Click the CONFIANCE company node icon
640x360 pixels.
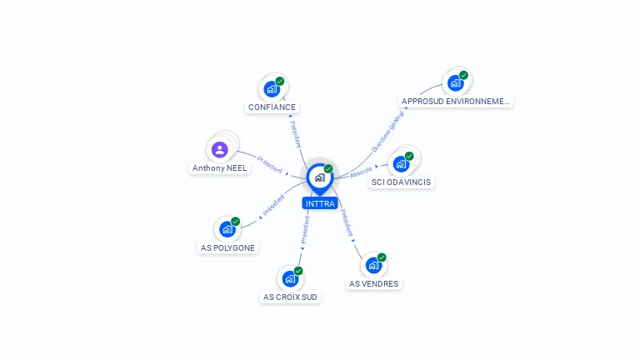point(272,87)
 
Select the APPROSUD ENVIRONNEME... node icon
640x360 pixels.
point(456,82)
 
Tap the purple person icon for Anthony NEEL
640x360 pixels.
point(219,150)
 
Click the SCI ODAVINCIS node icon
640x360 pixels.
point(402,163)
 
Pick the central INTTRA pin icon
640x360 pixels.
point(319,177)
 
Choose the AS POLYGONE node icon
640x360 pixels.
point(227,228)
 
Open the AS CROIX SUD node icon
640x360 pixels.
point(290,277)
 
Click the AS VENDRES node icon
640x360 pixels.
point(373,264)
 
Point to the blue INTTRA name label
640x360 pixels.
point(320,203)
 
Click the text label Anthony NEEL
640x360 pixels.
point(220,168)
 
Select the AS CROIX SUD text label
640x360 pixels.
point(290,297)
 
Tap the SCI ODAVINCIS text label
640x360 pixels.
point(402,182)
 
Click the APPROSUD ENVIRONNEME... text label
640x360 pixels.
point(455,102)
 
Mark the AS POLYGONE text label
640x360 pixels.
point(227,247)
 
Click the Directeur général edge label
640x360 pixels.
point(387,131)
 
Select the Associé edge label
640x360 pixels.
point(362,171)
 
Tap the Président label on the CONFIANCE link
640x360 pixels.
point(296,133)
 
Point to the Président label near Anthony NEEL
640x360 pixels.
point(270,164)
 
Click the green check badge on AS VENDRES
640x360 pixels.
point(382,257)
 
